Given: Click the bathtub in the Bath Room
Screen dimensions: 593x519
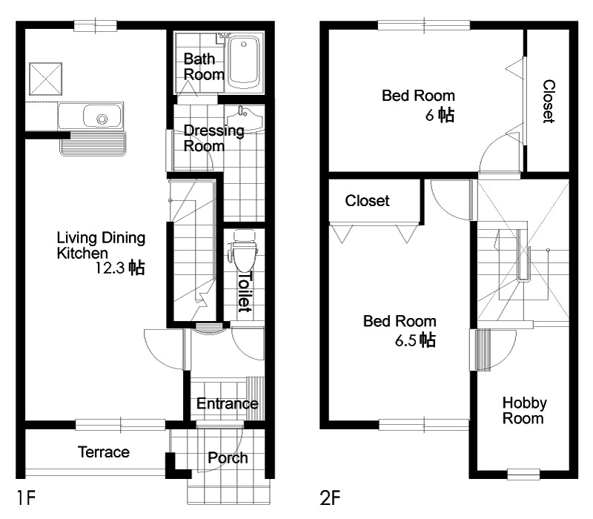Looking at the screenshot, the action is pos(244,62).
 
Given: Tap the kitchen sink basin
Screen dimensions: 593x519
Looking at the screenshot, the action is pos(102,116).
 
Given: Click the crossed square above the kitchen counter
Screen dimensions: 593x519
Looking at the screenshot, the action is pos(45,79).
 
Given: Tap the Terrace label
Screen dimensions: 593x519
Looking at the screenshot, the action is pos(104,452).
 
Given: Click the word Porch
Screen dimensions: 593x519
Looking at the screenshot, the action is pos(228,457).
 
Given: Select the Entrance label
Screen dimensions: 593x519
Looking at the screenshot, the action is pos(228,403).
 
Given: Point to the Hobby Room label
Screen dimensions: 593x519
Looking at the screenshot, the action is pos(525,411).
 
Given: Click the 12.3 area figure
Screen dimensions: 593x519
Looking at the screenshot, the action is pos(109,268).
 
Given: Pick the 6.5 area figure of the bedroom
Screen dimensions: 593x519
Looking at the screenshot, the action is pos(405,340).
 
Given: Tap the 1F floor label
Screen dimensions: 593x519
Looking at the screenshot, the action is pos(26,497).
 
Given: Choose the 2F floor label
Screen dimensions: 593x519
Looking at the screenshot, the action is pos(330,497).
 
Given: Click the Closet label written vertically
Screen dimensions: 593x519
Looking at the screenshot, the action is pos(549,102).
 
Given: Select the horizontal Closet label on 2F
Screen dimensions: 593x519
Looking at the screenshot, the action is pos(367,200).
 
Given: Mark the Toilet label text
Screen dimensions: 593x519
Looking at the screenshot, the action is pos(245,291).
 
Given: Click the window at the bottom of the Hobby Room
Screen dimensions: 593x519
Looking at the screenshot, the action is pos(523,475).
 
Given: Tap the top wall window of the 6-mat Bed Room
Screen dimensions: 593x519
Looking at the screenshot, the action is pos(424,25).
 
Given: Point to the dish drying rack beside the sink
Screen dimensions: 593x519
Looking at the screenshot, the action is pos(93,143).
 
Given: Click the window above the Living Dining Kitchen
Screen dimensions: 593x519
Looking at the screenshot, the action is pos(96,26).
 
